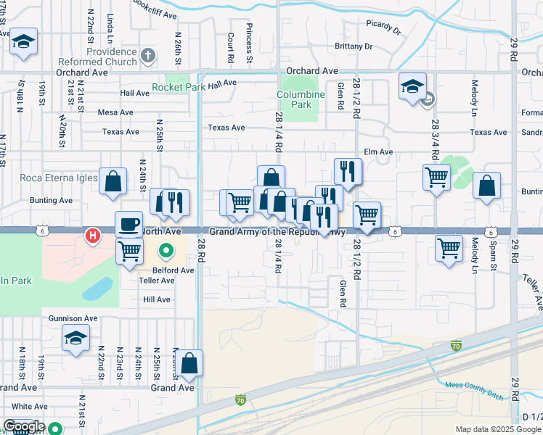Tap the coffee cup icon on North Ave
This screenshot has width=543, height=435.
(129, 225)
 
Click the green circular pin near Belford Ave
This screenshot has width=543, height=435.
(166, 252)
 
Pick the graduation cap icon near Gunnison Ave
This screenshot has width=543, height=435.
(76, 339)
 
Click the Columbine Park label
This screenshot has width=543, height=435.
(301, 100)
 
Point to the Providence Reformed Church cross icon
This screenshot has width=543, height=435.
(148, 56)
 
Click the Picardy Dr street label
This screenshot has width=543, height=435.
(383, 28)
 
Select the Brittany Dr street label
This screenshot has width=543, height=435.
(354, 46)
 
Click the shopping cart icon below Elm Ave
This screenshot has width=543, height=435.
(436, 176)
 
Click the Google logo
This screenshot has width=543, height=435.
(23, 427)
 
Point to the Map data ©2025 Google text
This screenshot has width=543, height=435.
(498, 429)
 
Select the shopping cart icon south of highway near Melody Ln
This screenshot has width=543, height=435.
(449, 248)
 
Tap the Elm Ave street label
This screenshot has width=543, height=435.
(378, 152)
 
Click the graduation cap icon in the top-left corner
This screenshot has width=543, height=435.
(23, 43)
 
